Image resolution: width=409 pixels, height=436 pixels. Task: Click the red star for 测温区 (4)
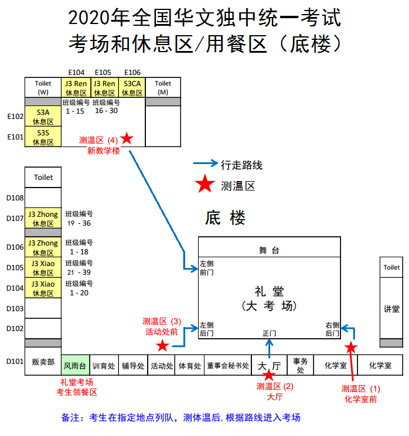(127, 139)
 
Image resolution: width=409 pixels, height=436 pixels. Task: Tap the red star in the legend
(205, 185)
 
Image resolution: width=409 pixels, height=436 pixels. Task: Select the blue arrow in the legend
(206, 165)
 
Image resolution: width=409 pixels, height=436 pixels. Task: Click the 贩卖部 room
(43, 362)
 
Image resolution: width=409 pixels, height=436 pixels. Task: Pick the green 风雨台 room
(74, 366)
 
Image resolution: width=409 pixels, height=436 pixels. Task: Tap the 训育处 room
(104, 366)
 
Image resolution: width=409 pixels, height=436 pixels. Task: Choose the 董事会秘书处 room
(228, 366)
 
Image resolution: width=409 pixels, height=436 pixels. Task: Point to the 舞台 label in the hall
(269, 250)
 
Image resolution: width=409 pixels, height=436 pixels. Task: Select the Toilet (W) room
(43, 87)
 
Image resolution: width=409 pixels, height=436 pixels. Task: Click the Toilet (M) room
(163, 87)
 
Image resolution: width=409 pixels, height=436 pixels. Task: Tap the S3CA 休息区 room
(132, 87)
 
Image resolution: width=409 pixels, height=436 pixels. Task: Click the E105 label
(103, 72)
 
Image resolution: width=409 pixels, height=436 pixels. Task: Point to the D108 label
(15, 198)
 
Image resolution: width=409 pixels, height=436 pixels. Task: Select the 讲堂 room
(391, 309)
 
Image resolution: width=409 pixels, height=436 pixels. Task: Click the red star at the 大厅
(269, 374)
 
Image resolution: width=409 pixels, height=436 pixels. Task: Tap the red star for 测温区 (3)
(162, 346)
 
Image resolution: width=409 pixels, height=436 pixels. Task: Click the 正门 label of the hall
(269, 333)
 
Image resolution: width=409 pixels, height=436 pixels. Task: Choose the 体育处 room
(190, 366)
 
